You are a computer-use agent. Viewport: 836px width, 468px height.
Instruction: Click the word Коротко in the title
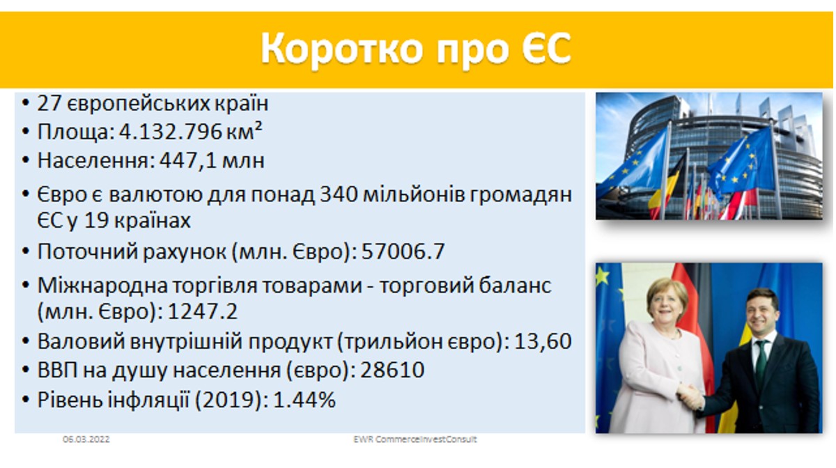(341, 49)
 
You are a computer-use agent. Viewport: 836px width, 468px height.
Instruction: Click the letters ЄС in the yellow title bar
(546, 48)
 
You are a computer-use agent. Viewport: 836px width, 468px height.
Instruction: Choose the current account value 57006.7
(403, 251)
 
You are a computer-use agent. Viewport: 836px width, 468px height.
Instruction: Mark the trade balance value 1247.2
(202, 311)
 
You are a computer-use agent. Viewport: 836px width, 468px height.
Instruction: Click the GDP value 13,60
(543, 341)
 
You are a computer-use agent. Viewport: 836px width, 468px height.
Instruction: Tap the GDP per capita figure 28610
(392, 370)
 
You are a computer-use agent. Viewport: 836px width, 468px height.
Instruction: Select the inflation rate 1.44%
(304, 400)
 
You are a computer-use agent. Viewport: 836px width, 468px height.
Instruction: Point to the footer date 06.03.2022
(86, 439)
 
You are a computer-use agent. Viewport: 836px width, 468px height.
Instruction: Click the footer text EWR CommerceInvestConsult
(415, 439)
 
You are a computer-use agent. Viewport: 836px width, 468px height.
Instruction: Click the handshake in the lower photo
(690, 397)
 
